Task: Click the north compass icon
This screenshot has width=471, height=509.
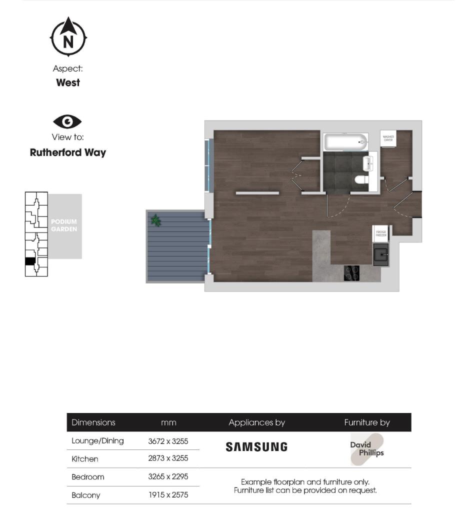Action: (x=68, y=37)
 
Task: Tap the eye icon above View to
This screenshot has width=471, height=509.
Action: (x=67, y=121)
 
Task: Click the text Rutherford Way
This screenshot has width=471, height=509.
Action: (x=68, y=152)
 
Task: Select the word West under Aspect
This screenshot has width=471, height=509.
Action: (x=68, y=83)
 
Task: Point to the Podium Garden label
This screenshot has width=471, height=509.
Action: (x=64, y=225)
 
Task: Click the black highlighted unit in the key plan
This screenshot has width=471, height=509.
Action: (x=30, y=261)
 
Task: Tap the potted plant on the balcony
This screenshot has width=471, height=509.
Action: (x=156, y=220)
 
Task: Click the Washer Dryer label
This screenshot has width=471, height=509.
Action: (x=388, y=138)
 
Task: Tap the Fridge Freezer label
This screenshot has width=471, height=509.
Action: (x=381, y=233)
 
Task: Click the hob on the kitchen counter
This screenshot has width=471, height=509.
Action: (x=351, y=272)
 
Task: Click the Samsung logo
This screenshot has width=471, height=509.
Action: (x=256, y=446)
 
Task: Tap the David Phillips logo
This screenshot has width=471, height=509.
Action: (x=367, y=449)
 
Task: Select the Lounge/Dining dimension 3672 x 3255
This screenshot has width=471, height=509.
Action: (x=168, y=441)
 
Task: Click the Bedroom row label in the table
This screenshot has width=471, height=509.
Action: (x=88, y=477)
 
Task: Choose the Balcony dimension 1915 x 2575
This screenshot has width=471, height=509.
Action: (x=168, y=495)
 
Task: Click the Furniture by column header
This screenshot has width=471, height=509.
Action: (x=367, y=422)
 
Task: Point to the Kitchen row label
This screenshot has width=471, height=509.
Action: (x=85, y=459)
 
